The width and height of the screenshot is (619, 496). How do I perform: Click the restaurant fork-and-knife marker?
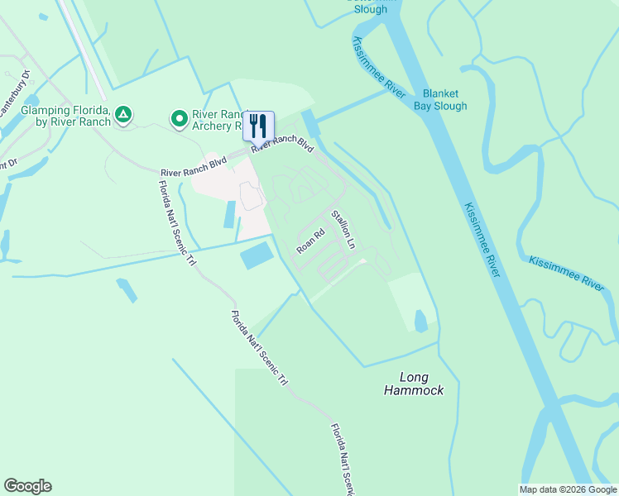point(258,126)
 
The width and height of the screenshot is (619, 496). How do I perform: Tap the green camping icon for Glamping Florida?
point(123,114)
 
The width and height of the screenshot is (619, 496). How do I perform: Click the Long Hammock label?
point(414,383)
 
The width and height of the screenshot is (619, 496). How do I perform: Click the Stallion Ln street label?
point(343,230)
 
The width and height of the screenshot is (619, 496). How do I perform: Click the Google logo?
point(27,486)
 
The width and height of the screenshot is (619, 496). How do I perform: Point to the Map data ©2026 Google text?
point(568,489)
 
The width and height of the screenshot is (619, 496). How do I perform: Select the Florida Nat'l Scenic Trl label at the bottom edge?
point(342,460)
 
